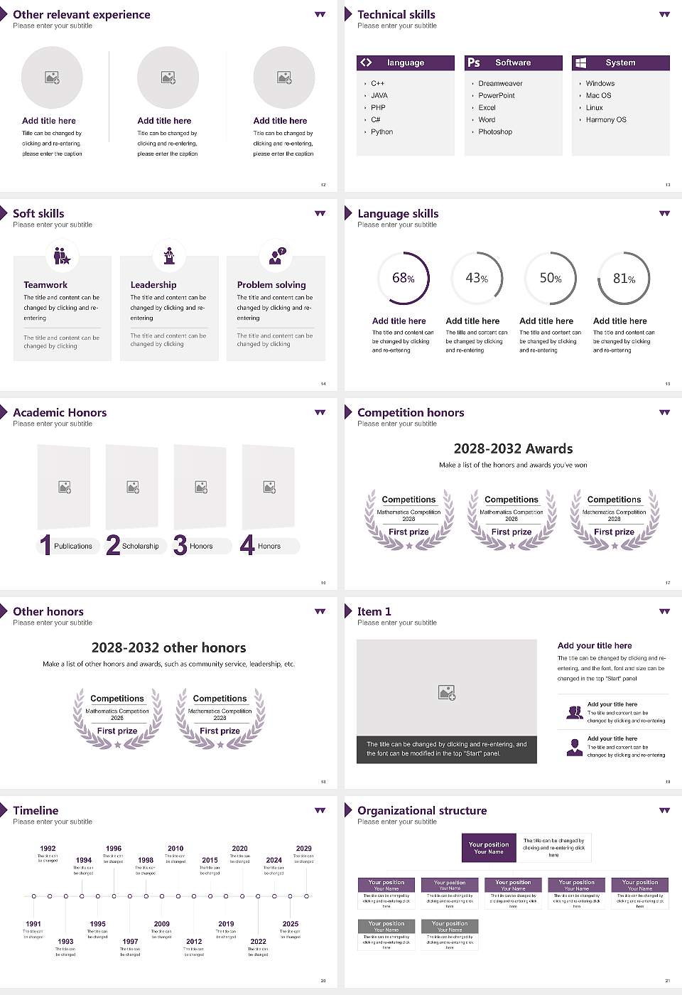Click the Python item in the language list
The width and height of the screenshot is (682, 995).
[381, 132]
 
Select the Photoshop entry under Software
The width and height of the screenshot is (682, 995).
[495, 132]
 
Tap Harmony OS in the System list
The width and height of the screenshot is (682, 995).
[606, 120]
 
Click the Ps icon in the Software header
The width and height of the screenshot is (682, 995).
[474, 63]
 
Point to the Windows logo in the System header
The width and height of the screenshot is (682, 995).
[580, 63]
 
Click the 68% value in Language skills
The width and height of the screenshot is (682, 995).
[403, 278]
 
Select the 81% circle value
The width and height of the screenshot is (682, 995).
[624, 279]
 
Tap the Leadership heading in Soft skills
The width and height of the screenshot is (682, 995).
[153, 285]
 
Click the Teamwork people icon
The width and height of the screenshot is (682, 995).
[62, 256]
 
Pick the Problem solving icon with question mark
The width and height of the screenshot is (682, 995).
[276, 256]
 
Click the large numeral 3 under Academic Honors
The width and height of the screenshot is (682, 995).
[180, 545]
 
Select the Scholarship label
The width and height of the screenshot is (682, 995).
[140, 547]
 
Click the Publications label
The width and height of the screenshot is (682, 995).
[73, 547]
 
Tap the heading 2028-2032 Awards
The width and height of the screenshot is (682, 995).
[513, 448]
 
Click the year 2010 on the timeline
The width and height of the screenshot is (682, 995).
[175, 849]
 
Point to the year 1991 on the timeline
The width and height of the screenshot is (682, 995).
[33, 925]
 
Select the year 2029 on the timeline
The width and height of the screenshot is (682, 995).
[303, 849]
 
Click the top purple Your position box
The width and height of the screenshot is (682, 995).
[489, 848]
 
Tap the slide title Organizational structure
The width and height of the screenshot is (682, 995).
[422, 811]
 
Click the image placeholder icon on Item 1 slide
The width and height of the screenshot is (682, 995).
[447, 692]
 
